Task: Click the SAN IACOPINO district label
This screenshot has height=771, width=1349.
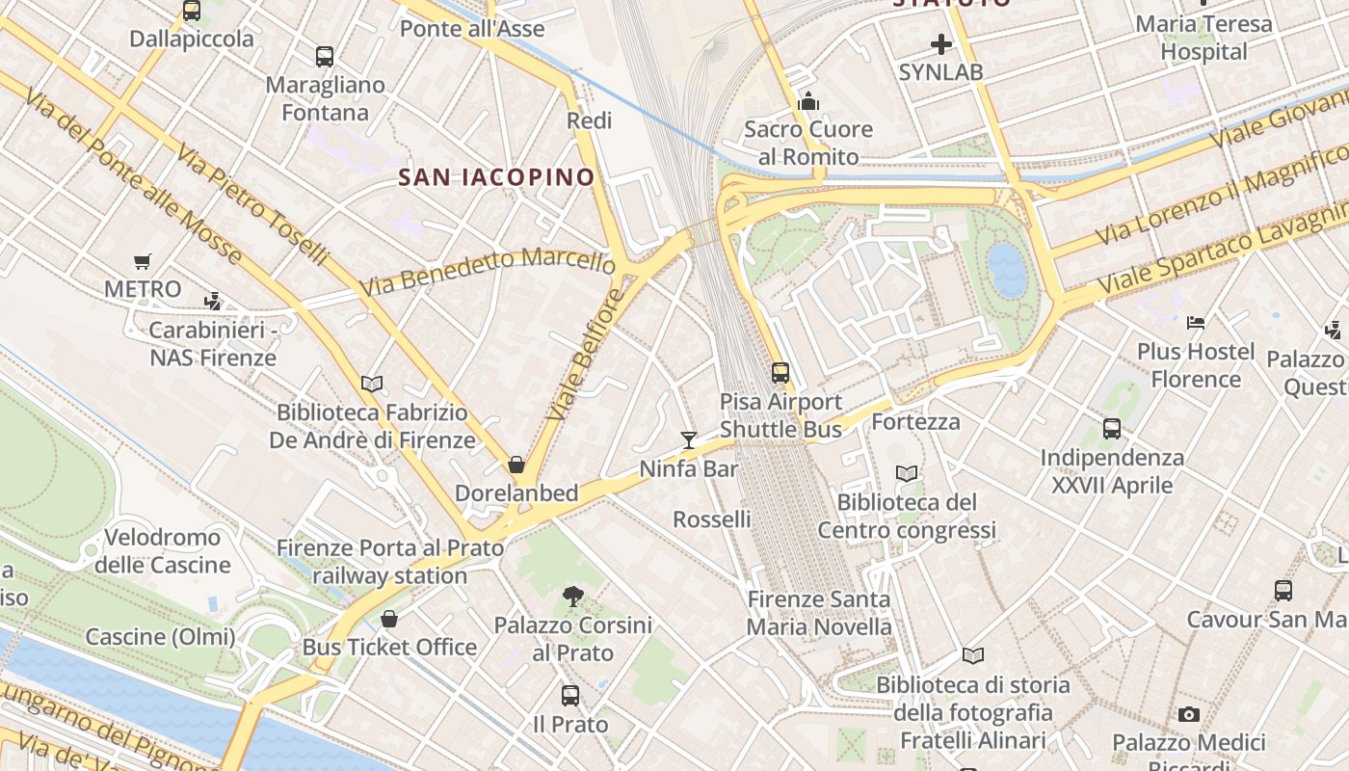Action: click(x=496, y=177)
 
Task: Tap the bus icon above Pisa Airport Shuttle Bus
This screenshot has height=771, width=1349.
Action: click(x=780, y=372)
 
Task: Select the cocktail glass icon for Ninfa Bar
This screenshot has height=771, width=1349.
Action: click(x=688, y=440)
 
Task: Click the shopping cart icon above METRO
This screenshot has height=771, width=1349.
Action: click(x=143, y=261)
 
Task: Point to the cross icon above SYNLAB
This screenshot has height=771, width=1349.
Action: click(x=940, y=44)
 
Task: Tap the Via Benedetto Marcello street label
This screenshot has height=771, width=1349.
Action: click(x=487, y=272)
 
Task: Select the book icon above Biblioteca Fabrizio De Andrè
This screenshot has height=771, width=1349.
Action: click(x=372, y=384)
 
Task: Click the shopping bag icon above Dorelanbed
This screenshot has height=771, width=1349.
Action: click(x=516, y=465)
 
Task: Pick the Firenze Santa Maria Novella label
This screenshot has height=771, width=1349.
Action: click(x=819, y=613)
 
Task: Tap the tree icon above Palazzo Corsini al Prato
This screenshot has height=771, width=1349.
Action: click(x=573, y=597)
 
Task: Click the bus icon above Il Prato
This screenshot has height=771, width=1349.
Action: click(x=570, y=696)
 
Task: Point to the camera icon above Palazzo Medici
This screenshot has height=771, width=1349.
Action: click(x=1189, y=715)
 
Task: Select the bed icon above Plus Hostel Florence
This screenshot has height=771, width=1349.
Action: click(x=1196, y=323)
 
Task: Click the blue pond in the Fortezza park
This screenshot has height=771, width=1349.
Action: click(x=1008, y=269)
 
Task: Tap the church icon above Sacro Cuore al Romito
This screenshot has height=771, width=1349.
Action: click(x=808, y=101)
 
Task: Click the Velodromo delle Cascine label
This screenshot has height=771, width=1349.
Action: click(x=162, y=550)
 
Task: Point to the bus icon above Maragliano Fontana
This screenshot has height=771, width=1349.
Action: click(x=325, y=57)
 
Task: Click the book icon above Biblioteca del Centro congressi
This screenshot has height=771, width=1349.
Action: click(x=906, y=474)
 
